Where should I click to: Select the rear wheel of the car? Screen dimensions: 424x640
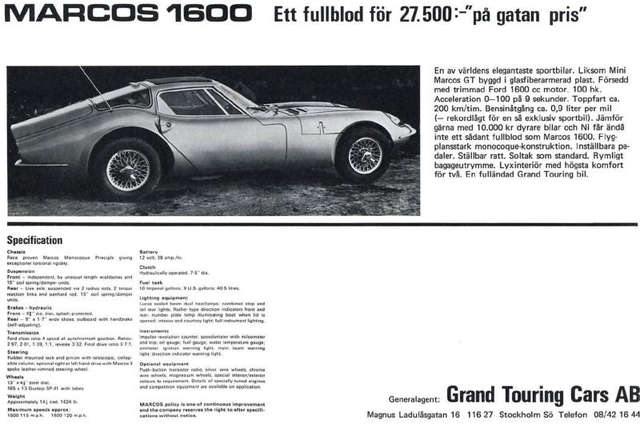coord(129,168)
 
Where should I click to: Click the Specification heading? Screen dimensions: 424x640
coord(34,240)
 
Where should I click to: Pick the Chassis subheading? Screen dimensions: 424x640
coord(16,252)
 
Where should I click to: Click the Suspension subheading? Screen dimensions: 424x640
coord(21,270)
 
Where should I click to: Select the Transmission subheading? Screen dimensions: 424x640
coord(24,334)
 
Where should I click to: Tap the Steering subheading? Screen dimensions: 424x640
coord(18,352)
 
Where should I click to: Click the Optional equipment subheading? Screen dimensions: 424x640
coord(163,364)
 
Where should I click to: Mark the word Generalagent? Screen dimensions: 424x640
coord(412,398)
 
